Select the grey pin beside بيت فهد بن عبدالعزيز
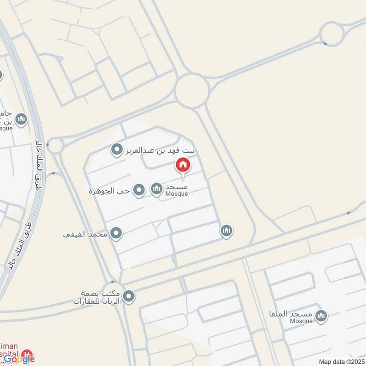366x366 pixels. coord(118,150)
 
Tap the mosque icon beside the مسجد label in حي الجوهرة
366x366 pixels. coord(156,188)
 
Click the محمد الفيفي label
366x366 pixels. coord(85,234)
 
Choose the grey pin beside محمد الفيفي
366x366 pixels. coord(116,234)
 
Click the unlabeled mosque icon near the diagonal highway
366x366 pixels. coord(226,231)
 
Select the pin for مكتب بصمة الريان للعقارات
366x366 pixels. coord(129,297)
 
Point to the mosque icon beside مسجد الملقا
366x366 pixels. coord(322,316)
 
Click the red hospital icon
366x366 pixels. coord(27,354)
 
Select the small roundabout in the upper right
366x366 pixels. coord(331,34)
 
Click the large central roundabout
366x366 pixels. coord(192,91)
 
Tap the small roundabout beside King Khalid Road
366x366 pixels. coord(55,146)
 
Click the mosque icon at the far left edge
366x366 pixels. coord(21,120)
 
